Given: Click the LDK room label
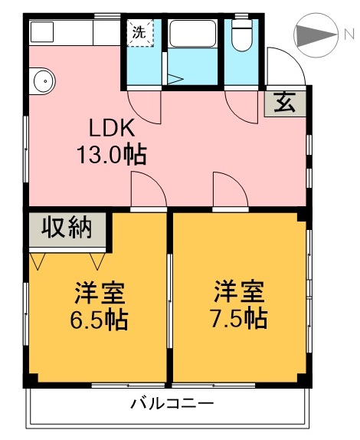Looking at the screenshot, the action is (112, 128).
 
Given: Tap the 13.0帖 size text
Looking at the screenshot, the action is (112, 154).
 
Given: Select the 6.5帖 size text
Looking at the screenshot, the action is (99, 320).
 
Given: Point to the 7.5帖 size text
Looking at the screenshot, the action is (239, 319).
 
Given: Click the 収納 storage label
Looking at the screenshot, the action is (67, 228).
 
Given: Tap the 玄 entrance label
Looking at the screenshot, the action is (285, 103).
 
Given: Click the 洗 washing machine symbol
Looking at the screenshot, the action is (140, 32).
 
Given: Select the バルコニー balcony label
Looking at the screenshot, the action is (172, 405).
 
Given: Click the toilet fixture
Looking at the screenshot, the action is (242, 35).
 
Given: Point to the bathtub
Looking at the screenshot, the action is (193, 33).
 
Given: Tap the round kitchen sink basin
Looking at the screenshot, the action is (44, 80).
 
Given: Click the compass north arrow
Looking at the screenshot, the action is (316, 35).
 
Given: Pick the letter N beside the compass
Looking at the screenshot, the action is (349, 34).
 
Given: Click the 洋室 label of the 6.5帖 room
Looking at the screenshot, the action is (100, 293).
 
